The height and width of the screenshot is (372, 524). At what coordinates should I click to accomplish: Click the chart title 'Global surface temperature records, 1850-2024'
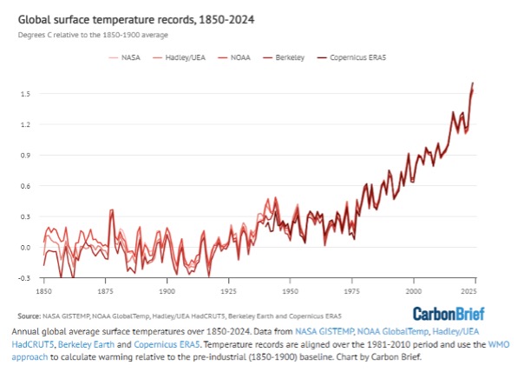point(136,20)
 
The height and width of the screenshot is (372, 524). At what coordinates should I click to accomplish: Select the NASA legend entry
point(125,57)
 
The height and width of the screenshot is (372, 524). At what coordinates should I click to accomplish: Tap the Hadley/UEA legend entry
point(179,57)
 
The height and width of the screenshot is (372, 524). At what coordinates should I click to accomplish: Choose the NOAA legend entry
point(234,57)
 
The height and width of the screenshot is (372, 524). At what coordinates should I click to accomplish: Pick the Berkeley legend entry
point(284,57)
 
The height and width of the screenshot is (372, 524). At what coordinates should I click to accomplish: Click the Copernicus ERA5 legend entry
point(351,57)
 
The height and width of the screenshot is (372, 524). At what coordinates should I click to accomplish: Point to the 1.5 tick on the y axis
point(25,94)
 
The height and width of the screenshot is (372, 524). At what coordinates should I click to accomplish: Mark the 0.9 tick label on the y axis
point(25,156)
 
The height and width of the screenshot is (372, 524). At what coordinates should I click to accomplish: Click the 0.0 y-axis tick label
point(25,248)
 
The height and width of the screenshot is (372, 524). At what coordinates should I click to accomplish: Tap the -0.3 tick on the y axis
point(24,278)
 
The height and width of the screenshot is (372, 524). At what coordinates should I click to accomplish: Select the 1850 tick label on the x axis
point(43,291)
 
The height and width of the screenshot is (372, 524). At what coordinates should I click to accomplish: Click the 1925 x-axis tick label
point(228,291)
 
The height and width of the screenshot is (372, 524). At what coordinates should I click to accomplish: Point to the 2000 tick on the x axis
point(414,291)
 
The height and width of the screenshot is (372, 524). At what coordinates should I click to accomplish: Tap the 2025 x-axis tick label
point(469,291)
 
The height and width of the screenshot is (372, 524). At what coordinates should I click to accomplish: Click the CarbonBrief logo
point(449,314)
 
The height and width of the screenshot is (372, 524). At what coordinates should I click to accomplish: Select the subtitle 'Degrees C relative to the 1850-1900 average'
point(93,35)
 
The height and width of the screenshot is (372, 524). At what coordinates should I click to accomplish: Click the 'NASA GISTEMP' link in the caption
point(324,331)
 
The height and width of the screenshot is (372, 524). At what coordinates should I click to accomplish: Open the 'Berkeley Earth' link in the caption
point(86,344)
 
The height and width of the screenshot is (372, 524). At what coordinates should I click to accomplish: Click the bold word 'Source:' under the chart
point(29,316)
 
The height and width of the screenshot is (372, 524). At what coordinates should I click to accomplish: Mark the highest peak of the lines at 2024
point(473,83)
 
